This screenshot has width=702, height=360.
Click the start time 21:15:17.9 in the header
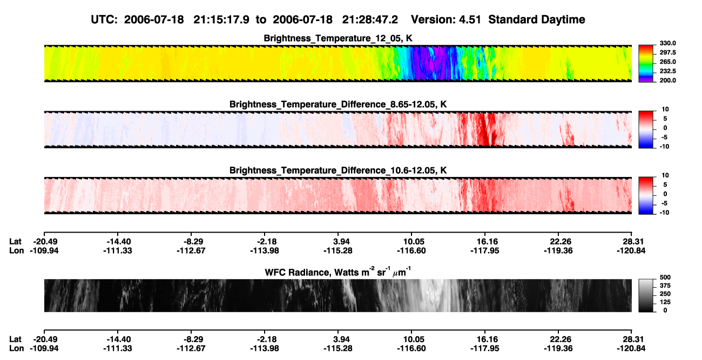(x=221, y=20)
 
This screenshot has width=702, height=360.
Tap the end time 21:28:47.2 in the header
(x=370, y=20)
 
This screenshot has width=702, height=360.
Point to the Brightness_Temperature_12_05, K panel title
(x=338, y=38)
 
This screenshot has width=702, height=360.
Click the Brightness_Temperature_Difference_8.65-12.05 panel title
(x=338, y=104)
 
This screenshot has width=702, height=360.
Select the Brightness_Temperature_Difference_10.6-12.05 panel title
(x=338, y=171)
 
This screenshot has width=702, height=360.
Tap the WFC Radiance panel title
(x=338, y=272)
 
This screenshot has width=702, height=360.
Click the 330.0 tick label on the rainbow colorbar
(x=667, y=43)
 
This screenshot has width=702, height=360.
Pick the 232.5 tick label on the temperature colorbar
(x=667, y=71)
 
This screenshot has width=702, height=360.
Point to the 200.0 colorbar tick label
(x=667, y=80)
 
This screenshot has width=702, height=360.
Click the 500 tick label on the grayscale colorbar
(x=665, y=277)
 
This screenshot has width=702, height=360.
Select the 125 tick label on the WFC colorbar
(x=665, y=302)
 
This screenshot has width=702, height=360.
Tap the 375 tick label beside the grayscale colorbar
(x=665, y=286)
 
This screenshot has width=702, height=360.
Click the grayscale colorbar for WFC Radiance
(x=646, y=295)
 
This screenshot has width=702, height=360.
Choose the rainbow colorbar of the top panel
(x=646, y=64)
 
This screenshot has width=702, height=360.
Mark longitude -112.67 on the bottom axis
(x=191, y=349)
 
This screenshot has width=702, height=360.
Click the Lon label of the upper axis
(x=16, y=250)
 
